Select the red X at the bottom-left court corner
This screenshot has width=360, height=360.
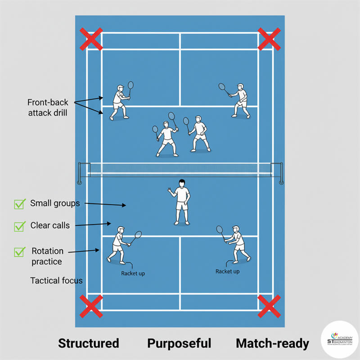click(91, 306)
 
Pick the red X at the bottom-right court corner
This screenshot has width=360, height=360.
click(269, 306)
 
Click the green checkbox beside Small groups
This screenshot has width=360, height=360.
click(19, 204)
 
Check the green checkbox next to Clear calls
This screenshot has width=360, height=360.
click(19, 226)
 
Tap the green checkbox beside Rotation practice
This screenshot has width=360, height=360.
click(19, 252)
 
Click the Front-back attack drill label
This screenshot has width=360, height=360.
click(48, 108)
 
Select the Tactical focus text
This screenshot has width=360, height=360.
click(56, 280)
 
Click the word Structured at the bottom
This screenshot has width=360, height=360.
click(89, 343)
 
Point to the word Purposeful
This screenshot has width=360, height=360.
click(179, 343)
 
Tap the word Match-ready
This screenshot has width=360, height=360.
click(272, 343)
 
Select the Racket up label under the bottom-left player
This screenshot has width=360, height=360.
click(133, 273)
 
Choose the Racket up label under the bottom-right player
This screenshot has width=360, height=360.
click(227, 271)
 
